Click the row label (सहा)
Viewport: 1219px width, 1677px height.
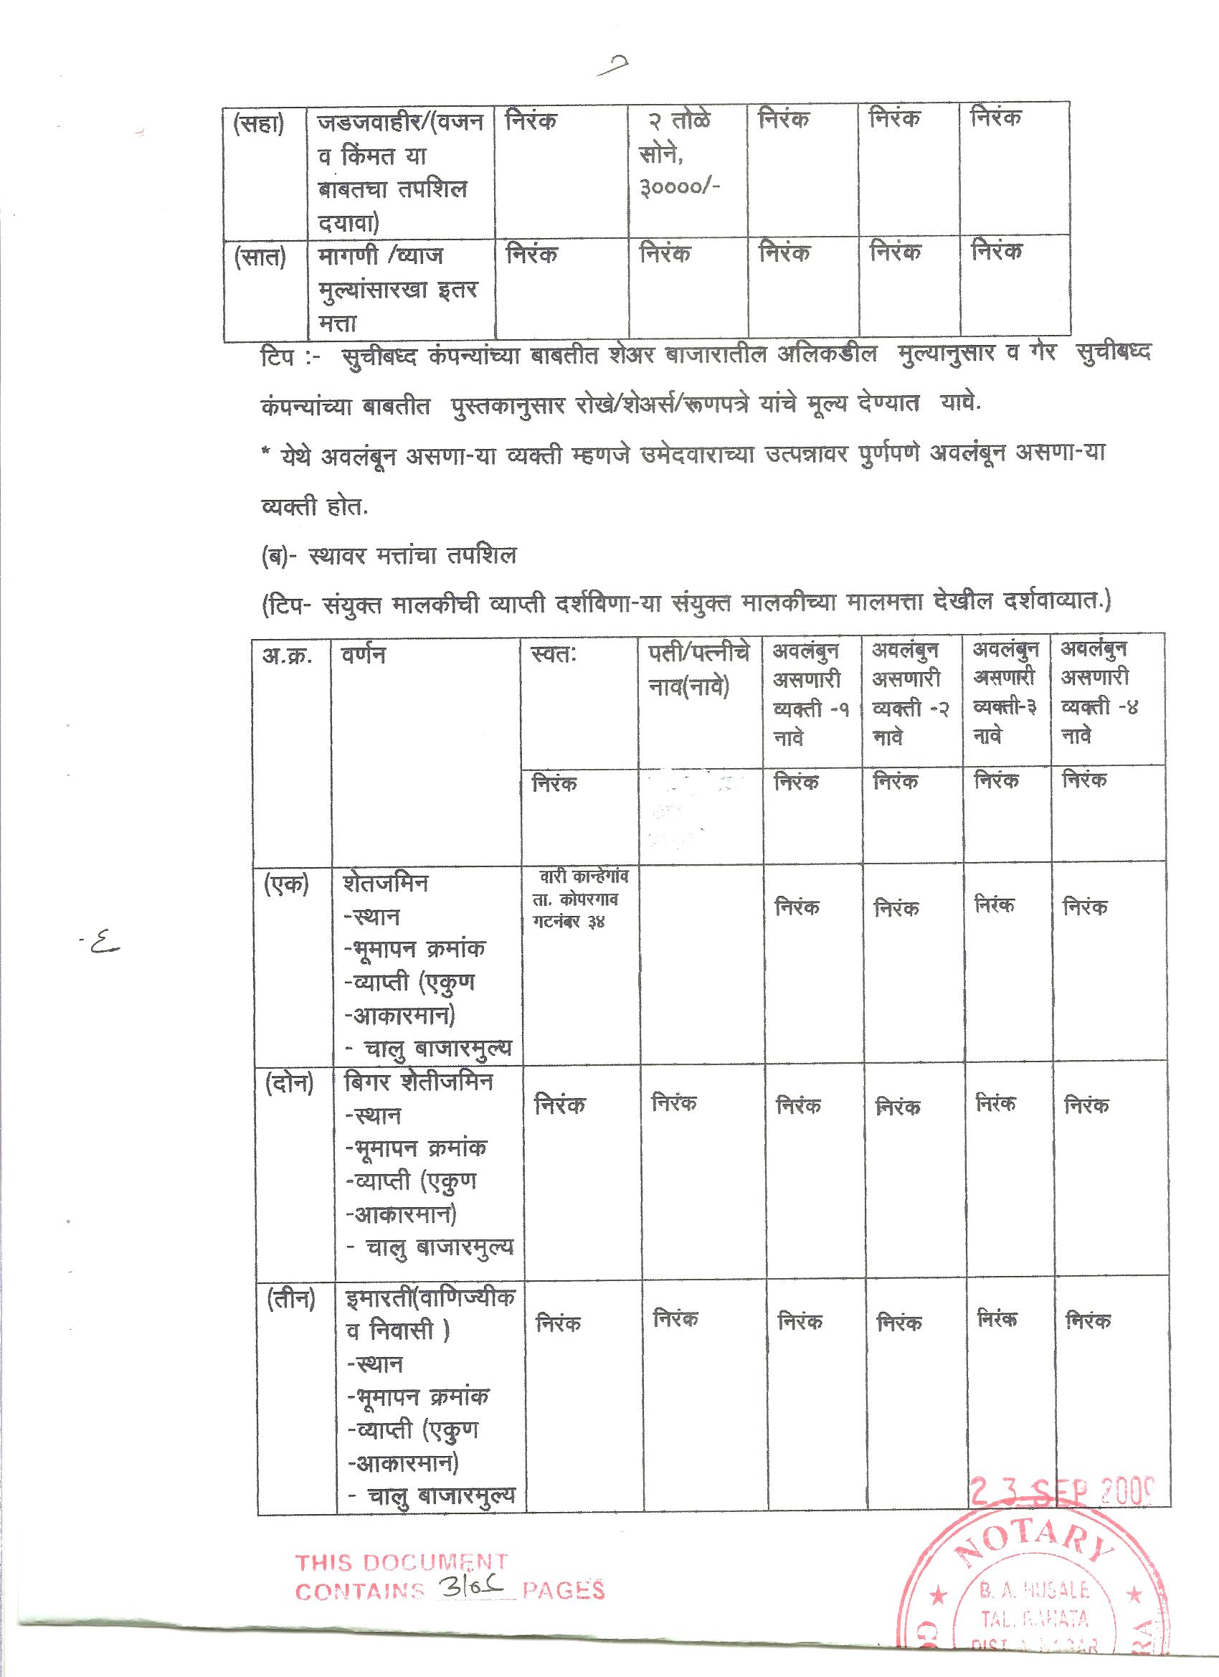tap(258, 126)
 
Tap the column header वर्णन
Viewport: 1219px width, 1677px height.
tap(363, 655)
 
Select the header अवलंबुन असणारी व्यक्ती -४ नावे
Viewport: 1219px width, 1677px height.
tap(1096, 693)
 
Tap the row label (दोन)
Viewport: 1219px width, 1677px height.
tap(289, 1084)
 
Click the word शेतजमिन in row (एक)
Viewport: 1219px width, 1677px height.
tap(385, 884)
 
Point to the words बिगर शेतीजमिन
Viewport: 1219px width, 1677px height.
tap(419, 1083)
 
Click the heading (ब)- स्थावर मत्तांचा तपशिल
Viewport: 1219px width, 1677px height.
tap(389, 555)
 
